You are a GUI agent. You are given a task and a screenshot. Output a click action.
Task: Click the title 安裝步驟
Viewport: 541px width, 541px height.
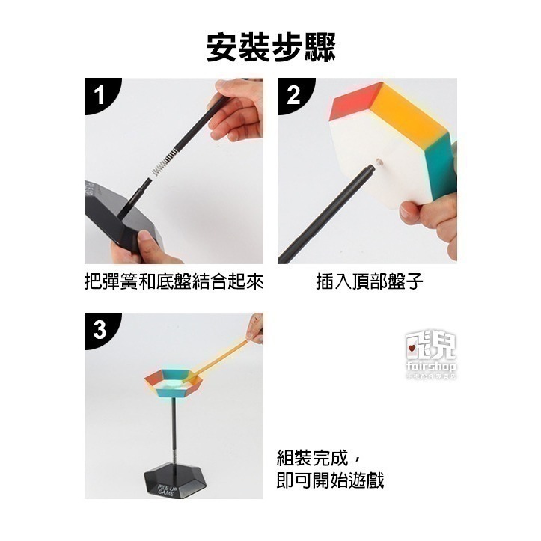(x=270, y=46)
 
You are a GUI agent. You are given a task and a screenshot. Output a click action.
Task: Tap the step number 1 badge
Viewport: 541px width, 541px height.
(x=100, y=95)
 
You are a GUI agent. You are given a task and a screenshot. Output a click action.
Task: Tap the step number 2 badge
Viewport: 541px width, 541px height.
(x=293, y=95)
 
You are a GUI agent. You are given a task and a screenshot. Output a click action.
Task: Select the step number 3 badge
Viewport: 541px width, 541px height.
(x=100, y=329)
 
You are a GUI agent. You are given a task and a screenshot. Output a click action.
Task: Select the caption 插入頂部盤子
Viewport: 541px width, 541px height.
(x=370, y=282)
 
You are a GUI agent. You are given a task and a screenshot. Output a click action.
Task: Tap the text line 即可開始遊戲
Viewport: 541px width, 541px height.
(x=330, y=480)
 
